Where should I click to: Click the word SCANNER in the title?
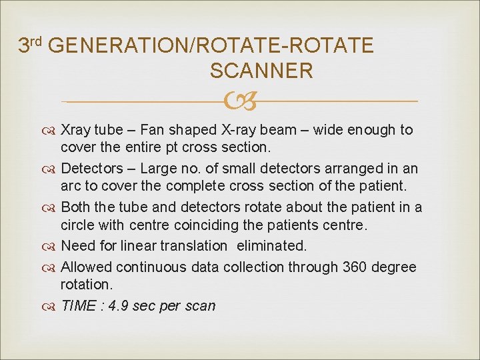point(261,71)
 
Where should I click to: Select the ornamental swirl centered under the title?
point(240,101)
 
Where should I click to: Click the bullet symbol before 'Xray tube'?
point(52,130)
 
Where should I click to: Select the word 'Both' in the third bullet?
point(76,207)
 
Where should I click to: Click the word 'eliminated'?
point(270,245)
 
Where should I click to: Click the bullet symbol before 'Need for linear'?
point(52,246)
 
